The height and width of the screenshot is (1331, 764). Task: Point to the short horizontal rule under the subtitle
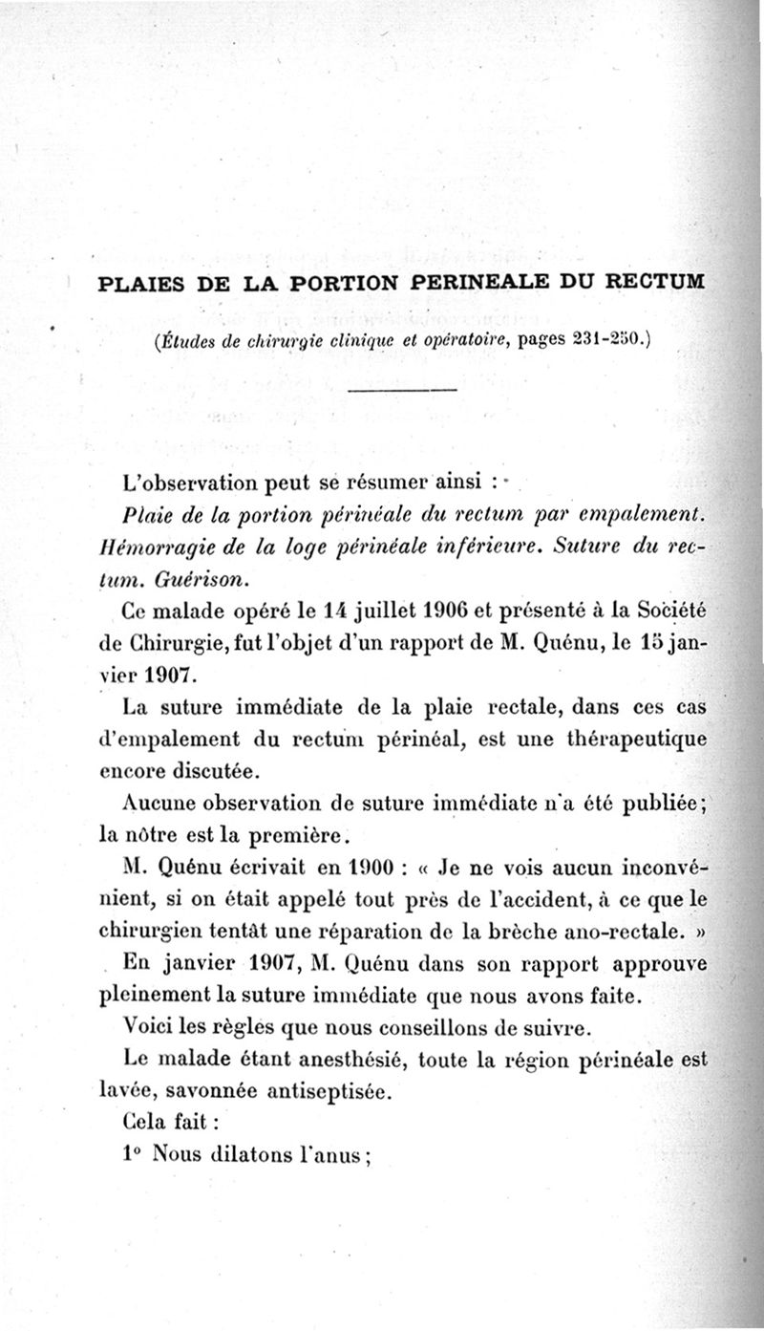click(402, 391)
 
